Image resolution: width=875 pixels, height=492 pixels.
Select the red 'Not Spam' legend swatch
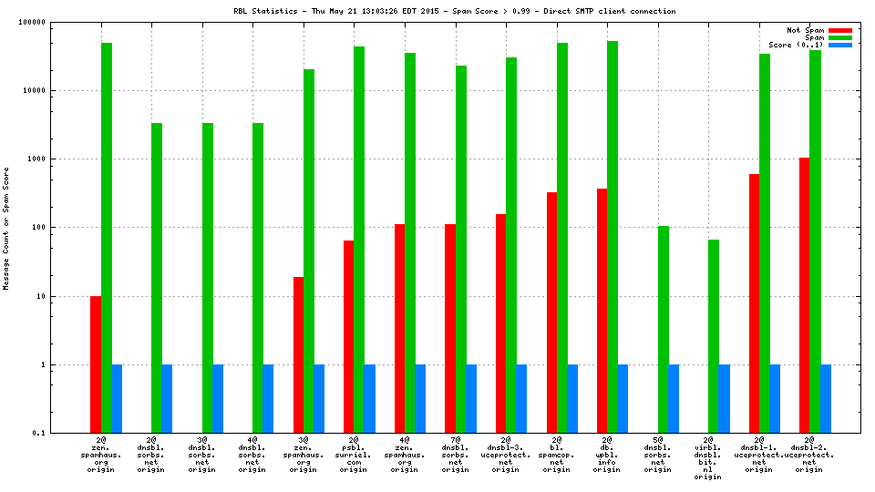pyautogui.click(x=839, y=30)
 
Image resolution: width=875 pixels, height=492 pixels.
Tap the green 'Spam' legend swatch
pyautogui.click(x=839, y=37)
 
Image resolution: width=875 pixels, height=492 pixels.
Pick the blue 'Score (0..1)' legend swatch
pyautogui.click(x=839, y=45)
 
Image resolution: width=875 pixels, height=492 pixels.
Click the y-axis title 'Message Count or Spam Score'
pyautogui.click(x=6, y=228)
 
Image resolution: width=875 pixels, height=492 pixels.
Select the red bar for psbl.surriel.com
pyautogui.click(x=349, y=336)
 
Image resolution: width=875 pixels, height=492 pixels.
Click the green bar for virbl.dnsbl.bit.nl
pyautogui.click(x=714, y=336)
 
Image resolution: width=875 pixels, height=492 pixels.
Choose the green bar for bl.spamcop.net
pyautogui.click(x=562, y=237)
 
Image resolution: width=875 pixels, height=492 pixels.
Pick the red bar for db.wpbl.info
pyautogui.click(x=602, y=310)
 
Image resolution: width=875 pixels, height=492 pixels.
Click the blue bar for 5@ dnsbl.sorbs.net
pyautogui.click(x=674, y=398)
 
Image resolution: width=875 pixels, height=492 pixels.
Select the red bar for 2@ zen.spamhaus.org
pyautogui.click(x=96, y=364)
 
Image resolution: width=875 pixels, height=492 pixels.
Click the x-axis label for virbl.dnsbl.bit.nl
pyautogui.click(x=714, y=457)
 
